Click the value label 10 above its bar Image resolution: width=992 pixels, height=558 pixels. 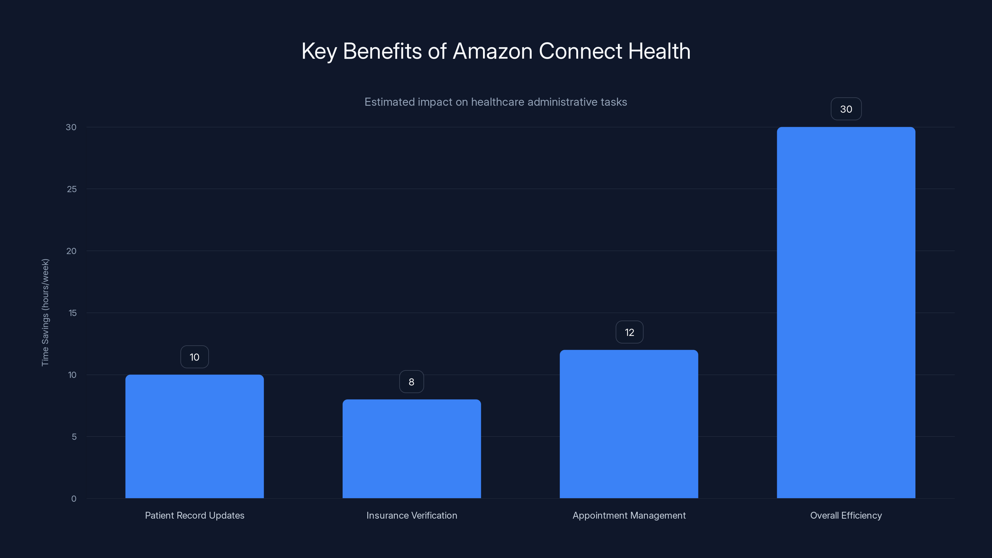click(x=194, y=357)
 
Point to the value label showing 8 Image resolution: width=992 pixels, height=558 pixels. click(x=411, y=382)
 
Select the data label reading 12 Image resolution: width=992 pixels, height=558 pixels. click(x=629, y=332)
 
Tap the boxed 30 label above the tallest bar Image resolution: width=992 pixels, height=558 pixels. click(x=846, y=109)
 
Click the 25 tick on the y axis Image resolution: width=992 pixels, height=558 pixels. click(x=72, y=189)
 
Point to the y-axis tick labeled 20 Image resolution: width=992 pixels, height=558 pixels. click(x=71, y=251)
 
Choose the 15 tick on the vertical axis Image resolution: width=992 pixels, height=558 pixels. click(x=73, y=313)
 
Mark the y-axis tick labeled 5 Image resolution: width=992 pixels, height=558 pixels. click(x=74, y=437)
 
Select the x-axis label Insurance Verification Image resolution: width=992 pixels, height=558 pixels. click(x=412, y=515)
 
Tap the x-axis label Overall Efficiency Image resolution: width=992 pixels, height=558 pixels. click(x=846, y=515)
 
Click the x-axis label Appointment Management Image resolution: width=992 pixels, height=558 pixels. click(x=629, y=515)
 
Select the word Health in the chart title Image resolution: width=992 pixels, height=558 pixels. click(x=659, y=51)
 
